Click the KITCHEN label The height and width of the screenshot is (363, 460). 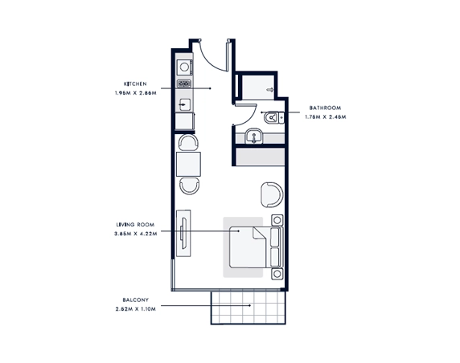[135, 84]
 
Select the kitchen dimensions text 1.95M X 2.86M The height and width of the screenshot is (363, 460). [136, 93]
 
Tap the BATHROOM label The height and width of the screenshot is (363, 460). [325, 108]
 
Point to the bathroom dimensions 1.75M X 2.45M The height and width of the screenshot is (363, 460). [326, 117]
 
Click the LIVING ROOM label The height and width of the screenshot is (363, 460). [135, 225]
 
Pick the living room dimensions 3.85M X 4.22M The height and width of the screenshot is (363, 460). [136, 234]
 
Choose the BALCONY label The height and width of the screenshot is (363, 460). [136, 300]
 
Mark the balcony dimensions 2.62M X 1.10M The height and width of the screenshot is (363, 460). [136, 309]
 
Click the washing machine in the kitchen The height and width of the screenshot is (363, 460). [184, 67]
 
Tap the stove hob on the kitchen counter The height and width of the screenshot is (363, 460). [184, 84]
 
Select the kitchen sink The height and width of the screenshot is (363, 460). [184, 104]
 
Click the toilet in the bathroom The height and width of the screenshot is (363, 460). [273, 118]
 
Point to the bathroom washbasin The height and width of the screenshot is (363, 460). [254, 137]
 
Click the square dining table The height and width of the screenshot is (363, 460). [188, 164]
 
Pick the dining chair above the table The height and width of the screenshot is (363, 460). [188, 142]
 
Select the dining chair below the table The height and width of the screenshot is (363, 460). [190, 186]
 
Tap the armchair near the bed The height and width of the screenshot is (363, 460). [272, 195]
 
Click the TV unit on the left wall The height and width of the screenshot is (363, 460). [183, 233]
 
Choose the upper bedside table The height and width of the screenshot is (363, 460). [277, 220]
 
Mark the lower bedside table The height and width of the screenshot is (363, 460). [277, 274]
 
